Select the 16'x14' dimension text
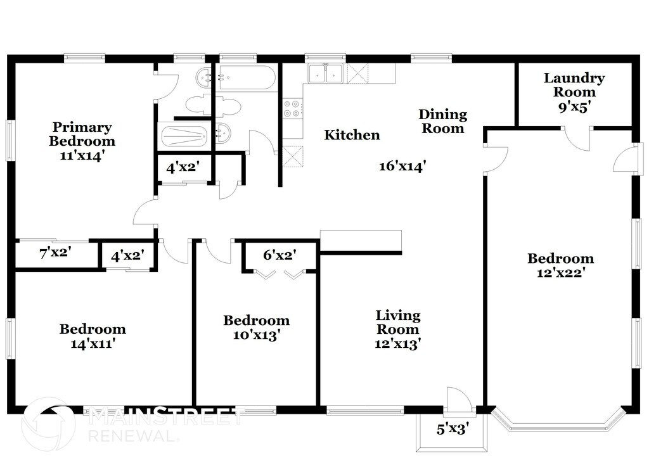[402, 166]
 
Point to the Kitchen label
[352, 135]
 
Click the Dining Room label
[443, 121]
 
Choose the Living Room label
[398, 322]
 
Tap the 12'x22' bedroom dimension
[561, 272]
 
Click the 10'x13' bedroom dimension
[256, 335]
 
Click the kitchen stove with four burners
[292, 109]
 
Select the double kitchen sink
[325, 73]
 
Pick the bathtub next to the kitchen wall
[247, 78]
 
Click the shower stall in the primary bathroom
[184, 135]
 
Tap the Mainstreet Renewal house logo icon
[48, 423]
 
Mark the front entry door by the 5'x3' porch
[457, 399]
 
